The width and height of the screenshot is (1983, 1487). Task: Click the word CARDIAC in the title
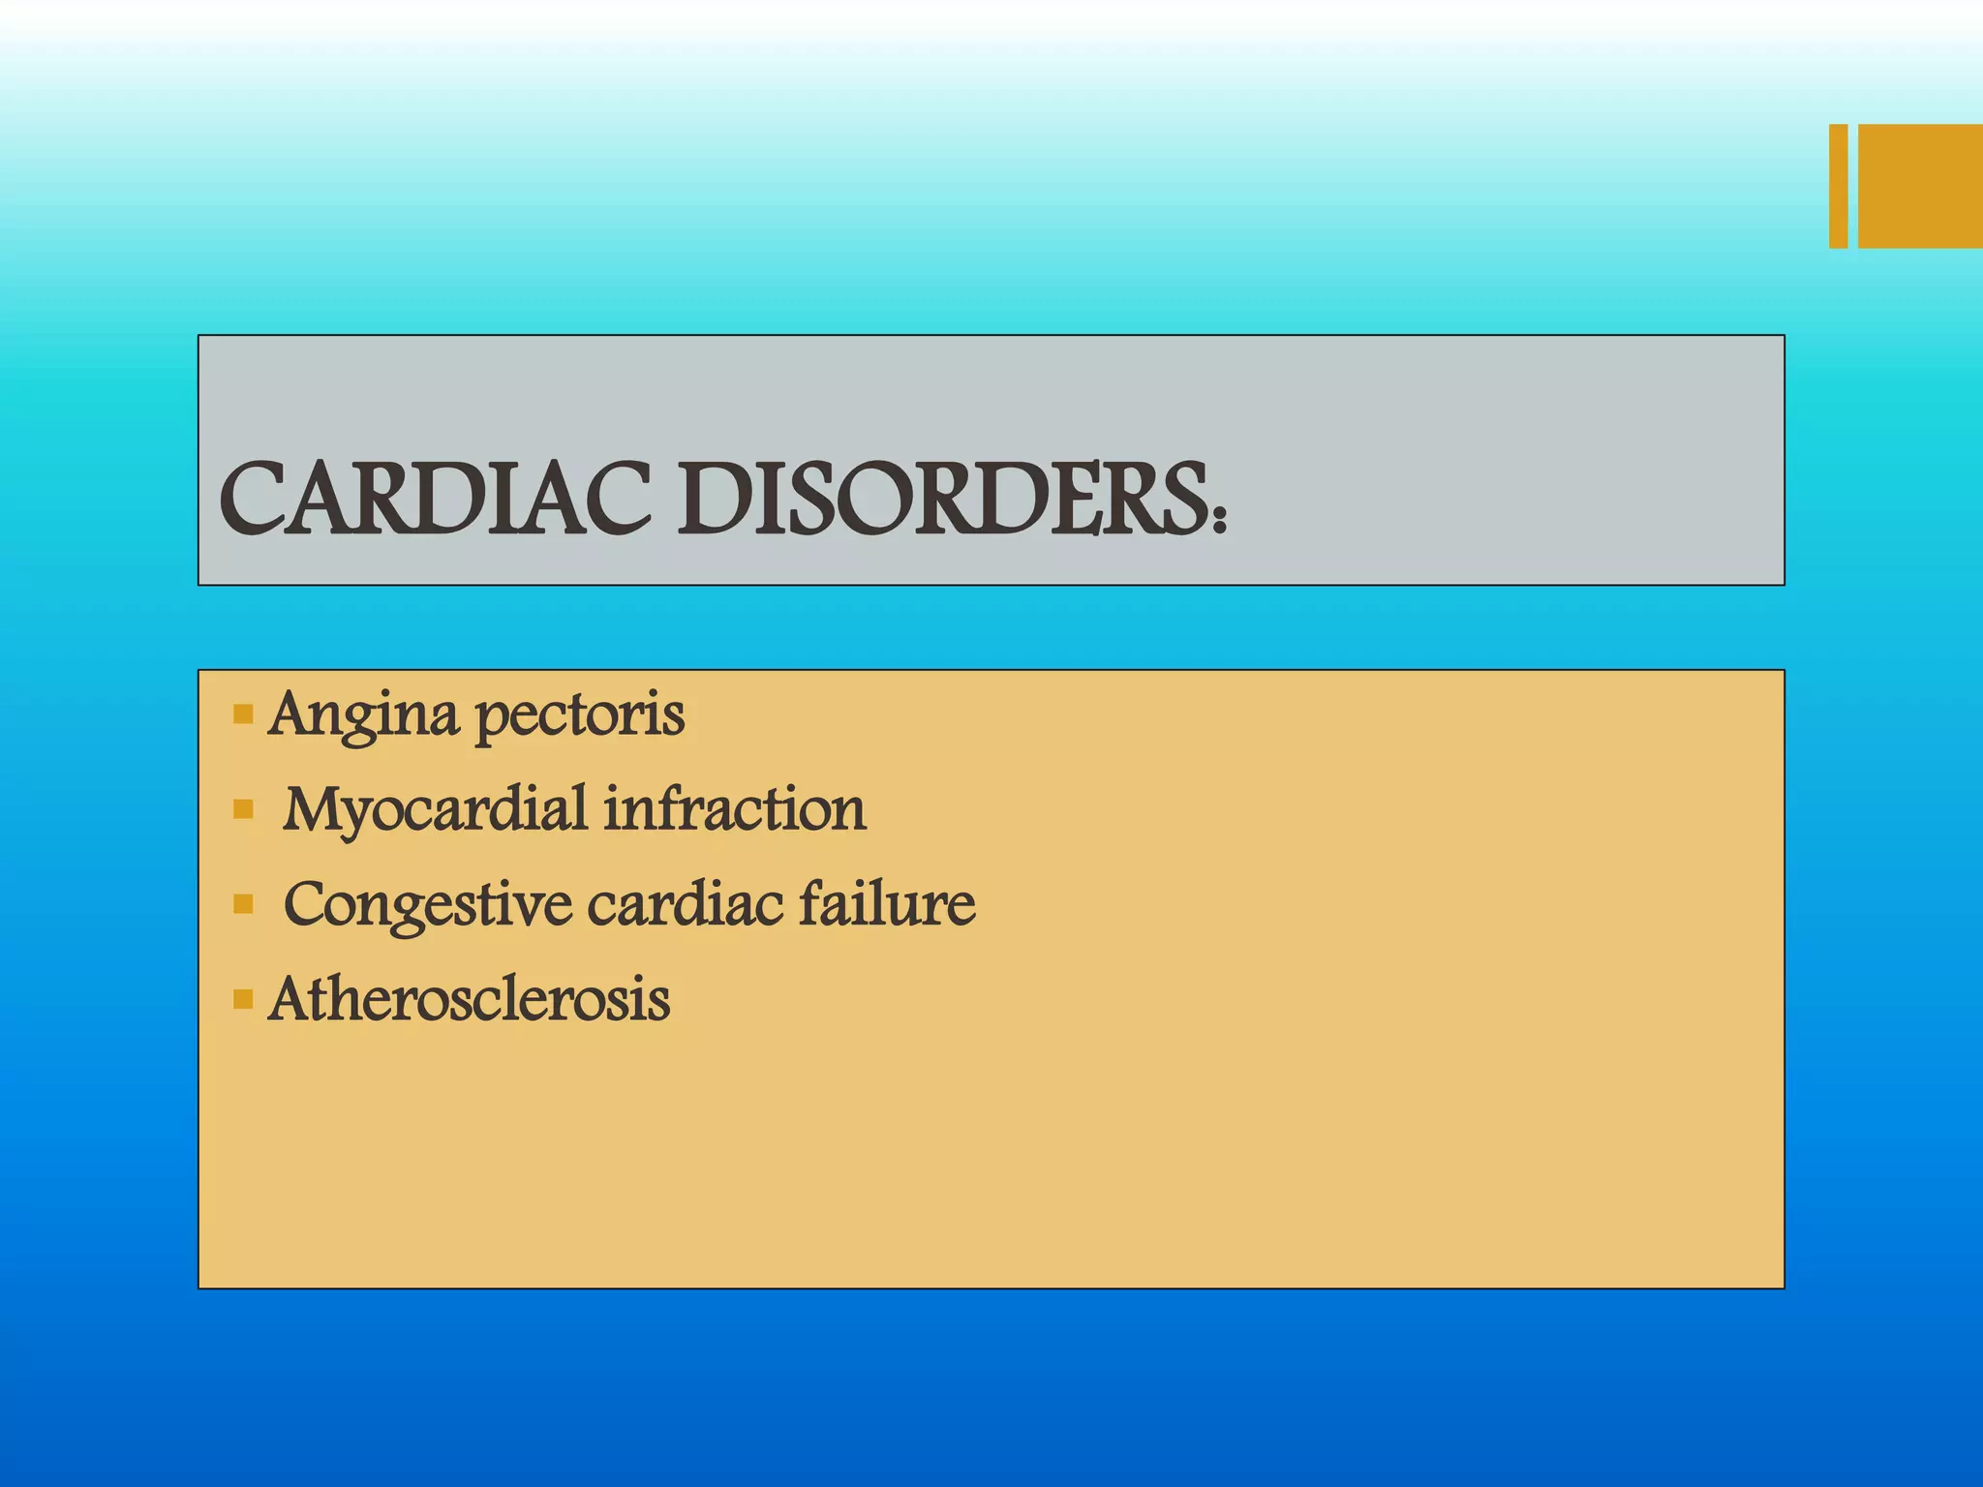435,500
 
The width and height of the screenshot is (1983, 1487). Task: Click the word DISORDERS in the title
942,500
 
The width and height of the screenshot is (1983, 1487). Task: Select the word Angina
363,716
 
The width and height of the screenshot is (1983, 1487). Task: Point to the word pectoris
580,716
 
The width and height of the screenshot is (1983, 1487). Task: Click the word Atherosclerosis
470,999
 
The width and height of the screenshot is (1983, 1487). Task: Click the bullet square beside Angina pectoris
243,716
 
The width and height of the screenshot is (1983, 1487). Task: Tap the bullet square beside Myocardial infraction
243,809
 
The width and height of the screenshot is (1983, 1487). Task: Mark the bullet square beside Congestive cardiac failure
243,905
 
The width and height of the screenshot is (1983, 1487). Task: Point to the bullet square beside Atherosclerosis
243,999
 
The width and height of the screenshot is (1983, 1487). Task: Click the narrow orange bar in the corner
1838,186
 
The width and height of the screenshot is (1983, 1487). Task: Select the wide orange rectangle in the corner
1920,186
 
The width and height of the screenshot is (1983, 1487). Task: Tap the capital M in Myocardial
315,809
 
